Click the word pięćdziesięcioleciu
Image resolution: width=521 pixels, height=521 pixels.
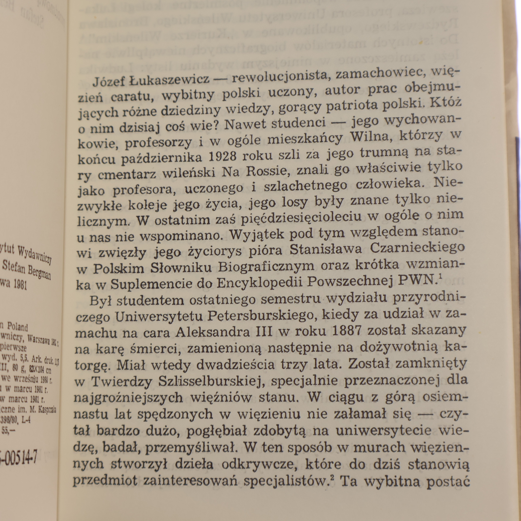[302, 218]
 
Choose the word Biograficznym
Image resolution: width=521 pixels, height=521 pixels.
[266, 266]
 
